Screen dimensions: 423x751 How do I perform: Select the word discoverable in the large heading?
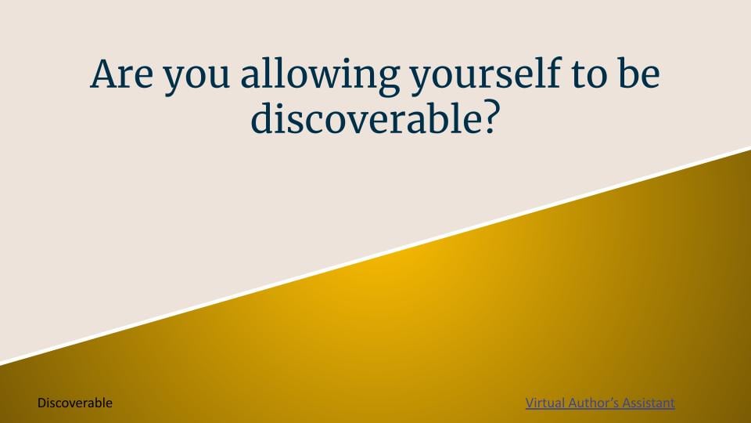pos(365,117)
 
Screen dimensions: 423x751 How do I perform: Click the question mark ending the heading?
pos(488,117)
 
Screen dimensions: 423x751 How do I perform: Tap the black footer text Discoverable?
pos(75,403)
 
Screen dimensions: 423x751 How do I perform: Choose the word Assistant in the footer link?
pos(649,403)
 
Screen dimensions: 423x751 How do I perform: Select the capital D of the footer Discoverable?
pos(41,403)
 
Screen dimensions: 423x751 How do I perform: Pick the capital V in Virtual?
pos(530,403)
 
